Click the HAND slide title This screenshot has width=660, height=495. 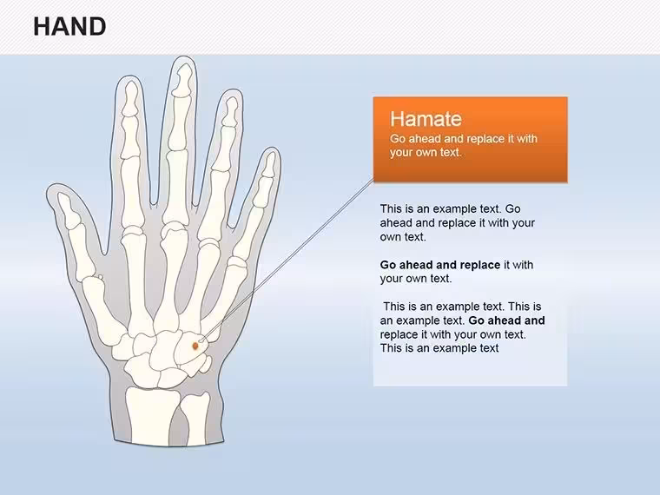point(69,27)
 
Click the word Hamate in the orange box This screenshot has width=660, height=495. point(426,119)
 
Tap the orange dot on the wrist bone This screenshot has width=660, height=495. point(195,346)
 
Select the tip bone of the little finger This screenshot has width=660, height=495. point(268,164)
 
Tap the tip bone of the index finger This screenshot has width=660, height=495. point(130,99)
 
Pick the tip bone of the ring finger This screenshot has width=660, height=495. point(230,111)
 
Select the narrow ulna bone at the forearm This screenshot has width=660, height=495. point(195,419)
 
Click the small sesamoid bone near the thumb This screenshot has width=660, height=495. point(101,277)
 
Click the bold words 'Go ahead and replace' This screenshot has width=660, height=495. point(440,265)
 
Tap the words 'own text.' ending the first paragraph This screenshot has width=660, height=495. point(403,237)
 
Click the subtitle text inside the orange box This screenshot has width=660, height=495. point(464,145)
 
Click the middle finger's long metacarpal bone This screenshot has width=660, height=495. point(174,277)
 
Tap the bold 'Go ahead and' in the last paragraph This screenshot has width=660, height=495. point(506,320)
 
